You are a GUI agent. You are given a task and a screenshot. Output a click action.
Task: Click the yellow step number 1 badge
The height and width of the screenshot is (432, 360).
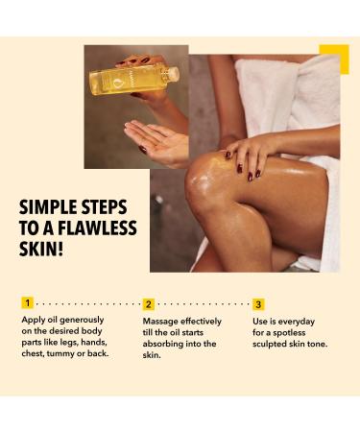point(27,303)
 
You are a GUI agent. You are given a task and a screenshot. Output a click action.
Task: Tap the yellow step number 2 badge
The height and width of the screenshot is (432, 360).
point(149,303)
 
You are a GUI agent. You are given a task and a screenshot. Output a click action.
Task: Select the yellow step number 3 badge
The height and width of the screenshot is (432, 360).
point(259,303)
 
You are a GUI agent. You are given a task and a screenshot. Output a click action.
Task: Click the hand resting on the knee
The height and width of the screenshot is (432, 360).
point(254,154)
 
